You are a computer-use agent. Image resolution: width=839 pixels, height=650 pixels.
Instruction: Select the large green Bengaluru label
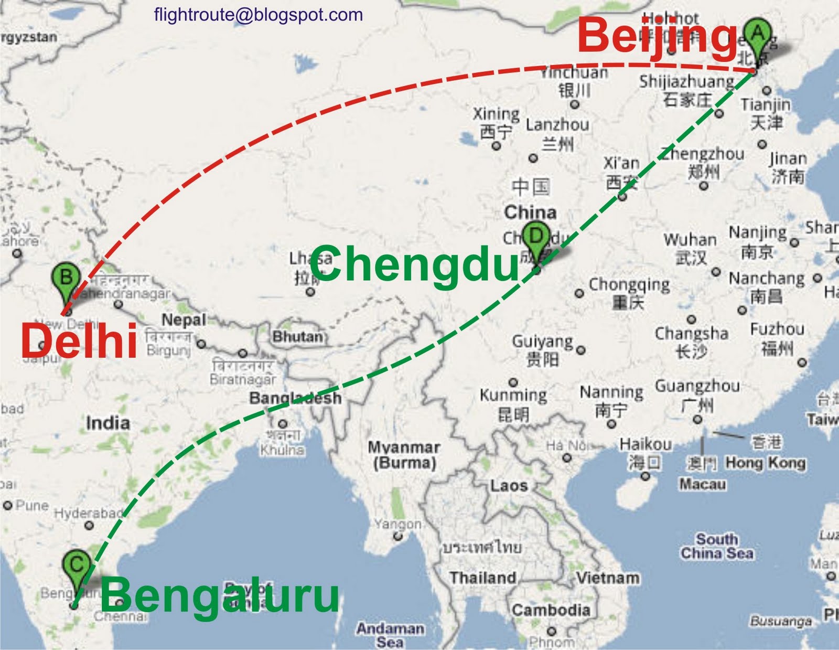point(220,595)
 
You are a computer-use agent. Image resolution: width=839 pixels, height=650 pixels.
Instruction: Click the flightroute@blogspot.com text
point(259,15)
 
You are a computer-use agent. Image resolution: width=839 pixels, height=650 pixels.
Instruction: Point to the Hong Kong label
point(766,463)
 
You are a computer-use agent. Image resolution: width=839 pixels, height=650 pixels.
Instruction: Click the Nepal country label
point(184,319)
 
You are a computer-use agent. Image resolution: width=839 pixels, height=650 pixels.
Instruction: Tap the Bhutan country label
point(297,337)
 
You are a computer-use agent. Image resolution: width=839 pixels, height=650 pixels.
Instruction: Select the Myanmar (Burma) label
point(404,455)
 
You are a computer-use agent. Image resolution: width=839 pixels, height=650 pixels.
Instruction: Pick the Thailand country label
point(482,578)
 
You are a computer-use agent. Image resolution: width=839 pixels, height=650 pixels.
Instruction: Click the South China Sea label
point(717,546)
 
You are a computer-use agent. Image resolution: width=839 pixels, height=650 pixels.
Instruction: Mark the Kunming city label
point(513,395)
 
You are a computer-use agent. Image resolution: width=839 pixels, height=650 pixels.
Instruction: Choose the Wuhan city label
point(690,240)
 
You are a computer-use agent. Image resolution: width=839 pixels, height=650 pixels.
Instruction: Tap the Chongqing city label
point(629,285)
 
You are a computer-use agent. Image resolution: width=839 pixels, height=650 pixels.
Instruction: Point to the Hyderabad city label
point(88,513)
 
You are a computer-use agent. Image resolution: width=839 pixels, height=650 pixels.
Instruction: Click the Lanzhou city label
point(557,125)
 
